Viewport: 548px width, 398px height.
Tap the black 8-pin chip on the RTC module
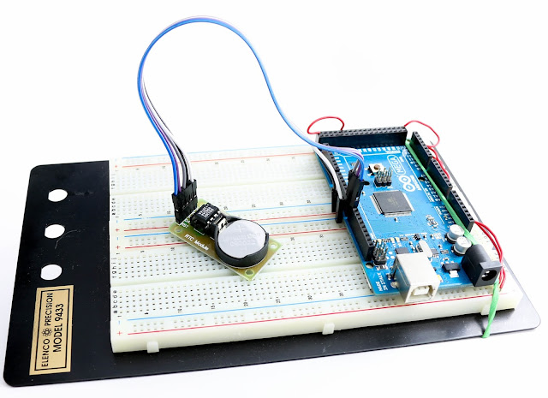tap(208, 214)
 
